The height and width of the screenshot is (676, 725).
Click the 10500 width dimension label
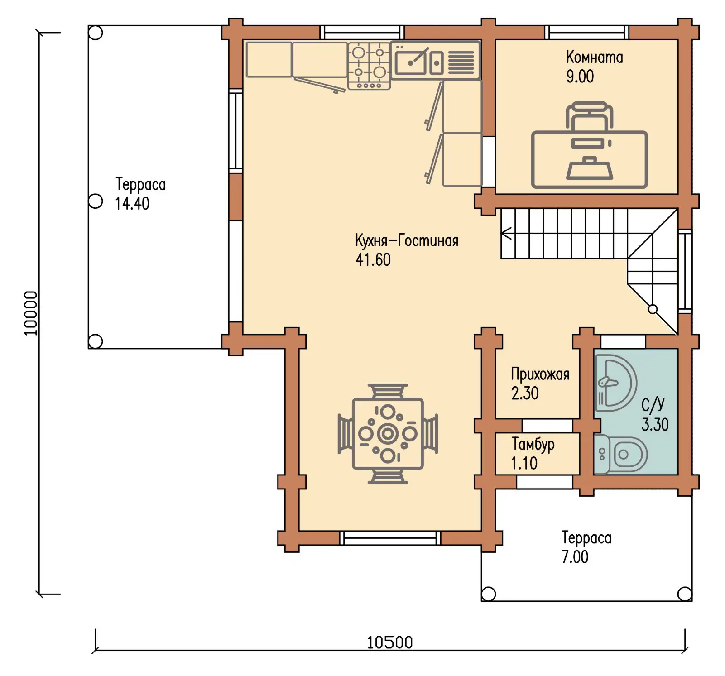click(389, 642)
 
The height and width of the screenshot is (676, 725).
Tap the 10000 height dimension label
click(30, 313)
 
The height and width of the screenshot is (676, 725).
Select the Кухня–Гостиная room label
click(407, 240)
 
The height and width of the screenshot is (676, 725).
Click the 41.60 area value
click(373, 260)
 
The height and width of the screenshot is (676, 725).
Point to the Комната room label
click(595, 58)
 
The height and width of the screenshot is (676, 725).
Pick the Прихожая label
click(540, 374)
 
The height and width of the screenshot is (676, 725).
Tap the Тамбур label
click(533, 445)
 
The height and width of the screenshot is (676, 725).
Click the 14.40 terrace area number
click(132, 204)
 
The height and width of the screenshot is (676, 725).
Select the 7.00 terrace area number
click(575, 557)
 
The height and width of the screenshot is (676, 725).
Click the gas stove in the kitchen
click(369, 66)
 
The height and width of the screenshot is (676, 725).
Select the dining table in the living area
click(388, 434)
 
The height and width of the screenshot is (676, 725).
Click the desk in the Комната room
click(590, 159)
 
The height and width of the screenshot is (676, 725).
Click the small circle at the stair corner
click(653, 309)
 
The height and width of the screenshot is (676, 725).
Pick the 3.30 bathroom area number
click(655, 425)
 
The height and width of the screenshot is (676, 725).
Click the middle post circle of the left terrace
click(95, 201)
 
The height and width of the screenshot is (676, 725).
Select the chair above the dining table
click(388, 391)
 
